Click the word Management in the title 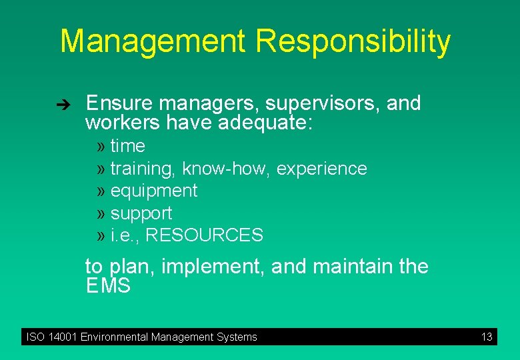[153, 41]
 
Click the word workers [123, 123]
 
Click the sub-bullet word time [127, 146]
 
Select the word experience [321, 169]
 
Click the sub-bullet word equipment [154, 191]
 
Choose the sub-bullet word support [141, 214]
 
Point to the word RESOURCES [204, 235]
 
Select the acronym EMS [108, 287]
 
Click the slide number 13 [487, 337]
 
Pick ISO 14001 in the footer [51, 337]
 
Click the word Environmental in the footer [114, 337]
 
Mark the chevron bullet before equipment [101, 191]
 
